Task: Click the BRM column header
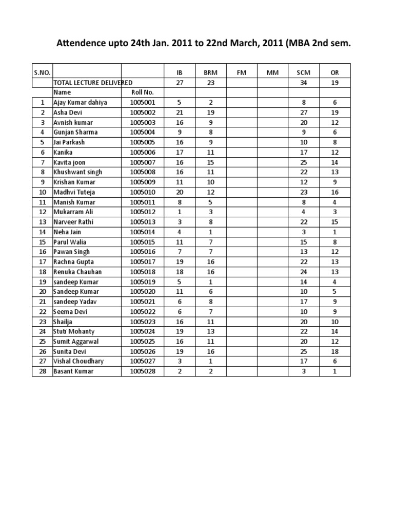click(x=210, y=73)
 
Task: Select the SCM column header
click(x=304, y=73)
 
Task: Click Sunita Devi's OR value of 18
click(x=335, y=351)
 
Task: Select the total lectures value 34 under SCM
click(x=304, y=83)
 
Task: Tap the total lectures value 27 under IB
click(x=179, y=83)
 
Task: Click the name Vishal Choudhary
click(x=78, y=361)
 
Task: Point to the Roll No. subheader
click(x=135, y=92)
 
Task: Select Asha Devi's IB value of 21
click(x=179, y=112)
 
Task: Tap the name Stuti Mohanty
click(x=74, y=331)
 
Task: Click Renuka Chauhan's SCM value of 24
click(x=304, y=272)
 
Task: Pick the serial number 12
click(x=43, y=212)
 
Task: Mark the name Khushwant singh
click(x=77, y=172)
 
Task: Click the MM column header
click(x=272, y=73)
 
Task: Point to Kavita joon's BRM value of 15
click(x=210, y=162)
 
